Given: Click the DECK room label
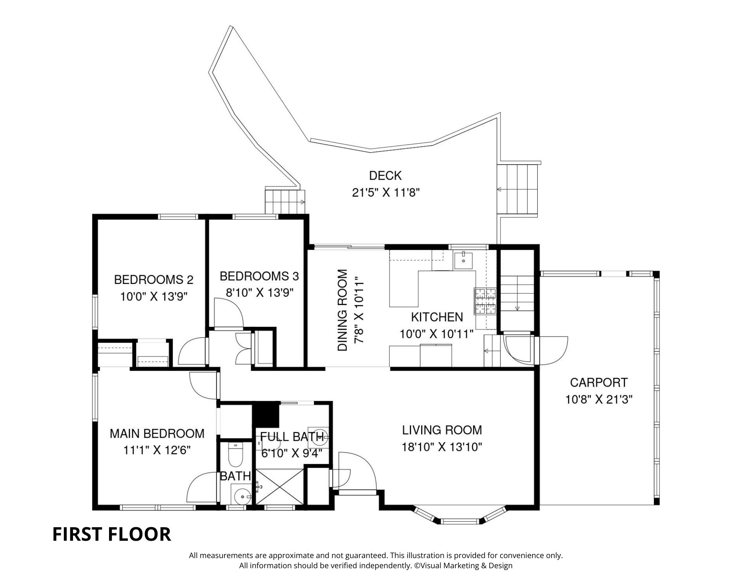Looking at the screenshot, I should tap(385, 176).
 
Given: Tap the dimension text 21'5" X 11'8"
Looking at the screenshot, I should tap(385, 193).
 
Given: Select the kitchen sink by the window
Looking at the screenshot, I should tap(464, 260).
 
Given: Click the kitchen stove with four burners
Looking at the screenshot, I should tap(485, 301).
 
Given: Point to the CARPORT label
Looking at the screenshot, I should tap(599, 382).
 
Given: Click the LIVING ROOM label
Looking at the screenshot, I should tap(442, 430).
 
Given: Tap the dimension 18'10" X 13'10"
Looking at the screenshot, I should tap(442, 447).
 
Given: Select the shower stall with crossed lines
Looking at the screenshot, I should tap(279, 486).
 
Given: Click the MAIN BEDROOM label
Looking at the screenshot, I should tap(157, 434).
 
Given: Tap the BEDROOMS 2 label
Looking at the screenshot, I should tap(153, 280).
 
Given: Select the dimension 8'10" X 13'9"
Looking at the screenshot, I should tap(259, 293).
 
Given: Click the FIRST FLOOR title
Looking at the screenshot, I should tap(112, 534).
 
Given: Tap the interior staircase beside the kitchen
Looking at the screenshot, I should tap(517, 293).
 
